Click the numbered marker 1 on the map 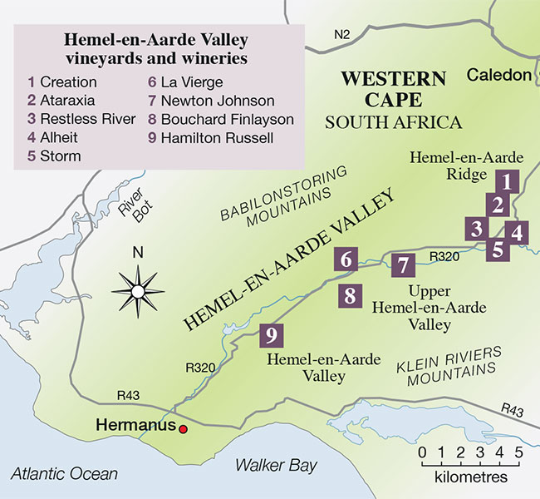click(506, 180)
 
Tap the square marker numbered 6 click(346, 260)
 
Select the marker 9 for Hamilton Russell click(272, 335)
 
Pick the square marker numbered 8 click(350, 295)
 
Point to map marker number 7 click(404, 266)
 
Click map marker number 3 click(476, 229)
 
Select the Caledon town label click(498, 76)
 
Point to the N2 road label click(341, 34)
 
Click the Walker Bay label click(274, 465)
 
